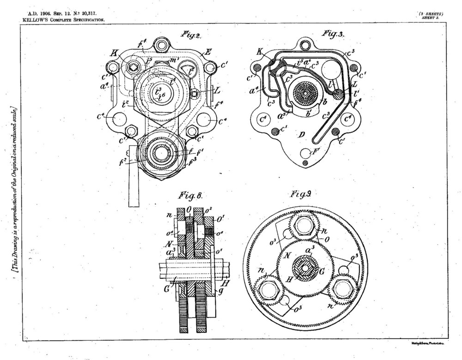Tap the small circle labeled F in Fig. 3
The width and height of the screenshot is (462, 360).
[305, 152]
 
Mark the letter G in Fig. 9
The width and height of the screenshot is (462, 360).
[322, 271]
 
